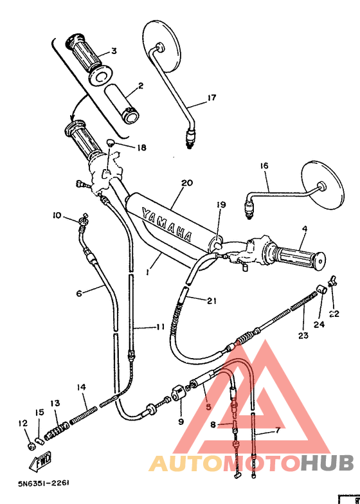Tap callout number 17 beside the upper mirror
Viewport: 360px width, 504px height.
[x=212, y=98]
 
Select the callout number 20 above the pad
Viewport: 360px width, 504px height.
[x=186, y=183]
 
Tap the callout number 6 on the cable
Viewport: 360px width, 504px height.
[x=79, y=293]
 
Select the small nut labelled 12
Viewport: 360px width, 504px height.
[x=30, y=446]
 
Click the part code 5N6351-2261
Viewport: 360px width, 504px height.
[x=44, y=482]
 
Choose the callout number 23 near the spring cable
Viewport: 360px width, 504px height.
[x=303, y=335]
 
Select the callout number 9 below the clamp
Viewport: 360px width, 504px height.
[x=181, y=422]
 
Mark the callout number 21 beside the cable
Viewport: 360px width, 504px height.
[x=212, y=300]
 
